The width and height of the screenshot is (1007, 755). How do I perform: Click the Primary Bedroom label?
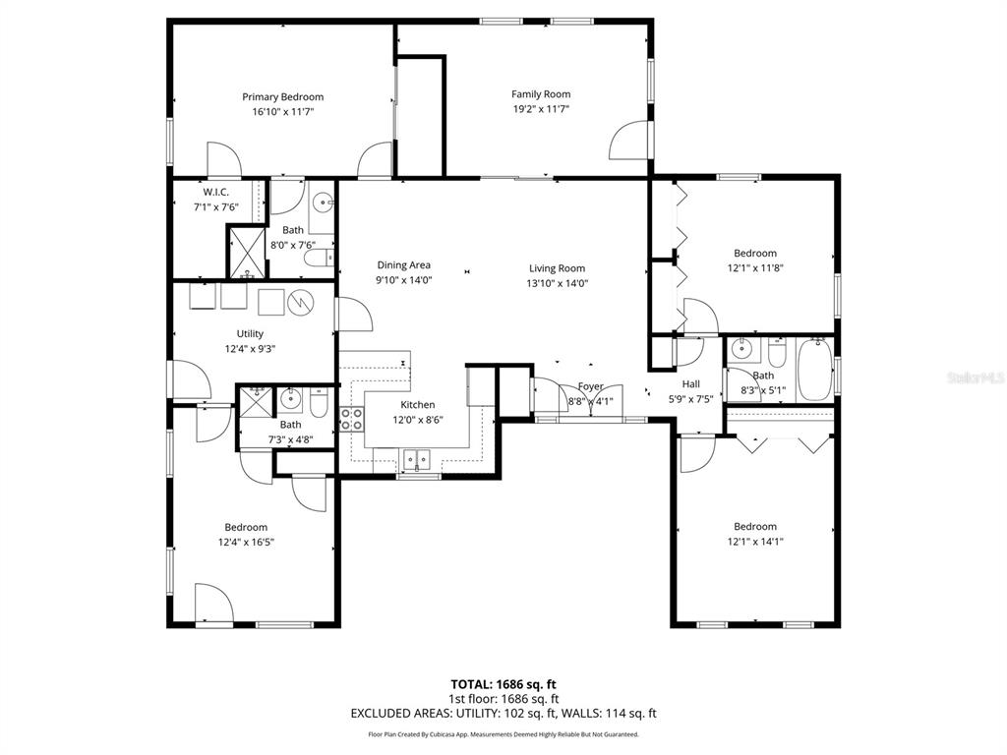[283, 97]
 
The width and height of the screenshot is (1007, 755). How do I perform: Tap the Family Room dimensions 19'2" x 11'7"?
[541, 109]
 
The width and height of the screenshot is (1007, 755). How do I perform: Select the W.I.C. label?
[216, 193]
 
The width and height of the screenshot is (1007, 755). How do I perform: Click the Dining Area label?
[404, 265]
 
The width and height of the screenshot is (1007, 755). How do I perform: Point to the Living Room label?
[557, 268]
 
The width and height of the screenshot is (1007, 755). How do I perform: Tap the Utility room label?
[250, 334]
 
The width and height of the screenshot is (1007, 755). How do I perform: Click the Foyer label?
[591, 386]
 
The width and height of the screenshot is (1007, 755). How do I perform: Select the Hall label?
[690, 384]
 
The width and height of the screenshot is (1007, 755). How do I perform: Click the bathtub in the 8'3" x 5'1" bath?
[815, 370]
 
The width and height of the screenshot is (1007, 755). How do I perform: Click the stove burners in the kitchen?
[350, 420]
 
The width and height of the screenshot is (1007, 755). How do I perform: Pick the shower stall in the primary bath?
[246, 252]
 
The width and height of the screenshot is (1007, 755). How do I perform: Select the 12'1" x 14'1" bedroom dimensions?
[755, 541]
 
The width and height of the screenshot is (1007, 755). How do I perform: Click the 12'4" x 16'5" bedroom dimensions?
[246, 542]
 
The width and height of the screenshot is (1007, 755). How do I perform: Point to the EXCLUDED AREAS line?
[503, 714]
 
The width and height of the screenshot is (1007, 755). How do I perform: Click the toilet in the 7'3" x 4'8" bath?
[319, 402]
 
